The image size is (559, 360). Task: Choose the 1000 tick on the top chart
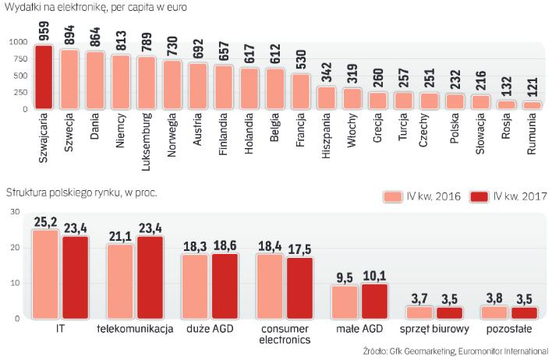(x=16, y=42)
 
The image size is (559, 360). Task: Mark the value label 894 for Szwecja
(x=70, y=34)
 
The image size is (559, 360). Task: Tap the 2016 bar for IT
(x=45, y=274)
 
